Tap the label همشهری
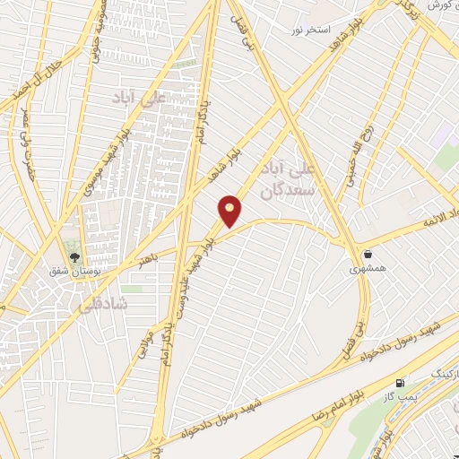(368, 267)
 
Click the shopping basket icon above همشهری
(368, 252)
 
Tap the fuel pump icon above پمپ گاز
(399, 381)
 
